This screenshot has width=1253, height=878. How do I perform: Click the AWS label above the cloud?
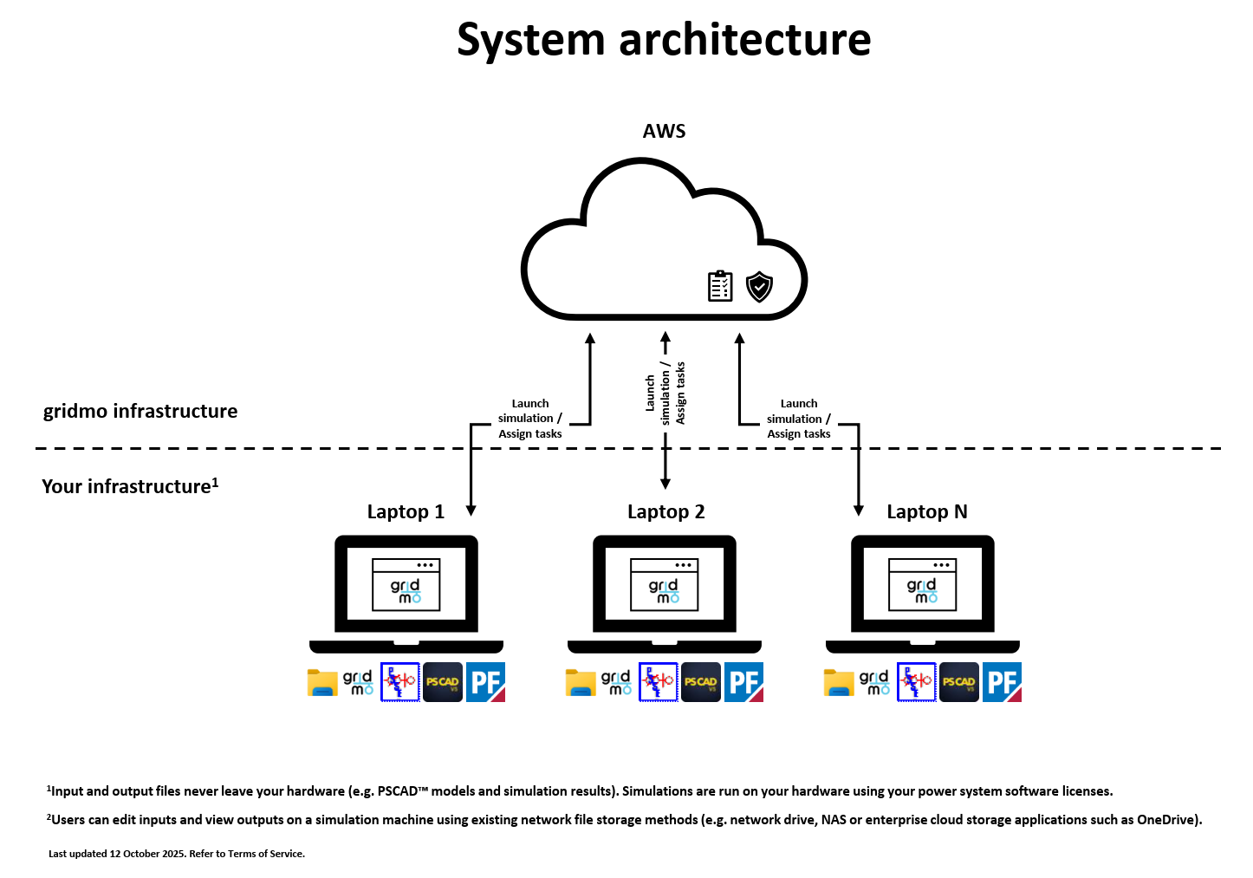tap(664, 132)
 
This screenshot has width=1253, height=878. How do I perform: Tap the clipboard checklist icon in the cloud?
tap(720, 286)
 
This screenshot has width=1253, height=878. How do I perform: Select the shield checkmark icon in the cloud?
tap(759, 287)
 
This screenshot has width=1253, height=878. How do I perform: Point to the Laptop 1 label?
tap(406, 512)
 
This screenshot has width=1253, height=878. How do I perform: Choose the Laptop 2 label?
tap(665, 512)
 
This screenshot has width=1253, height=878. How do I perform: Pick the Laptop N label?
tap(926, 512)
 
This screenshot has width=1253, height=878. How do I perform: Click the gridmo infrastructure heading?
tap(140, 412)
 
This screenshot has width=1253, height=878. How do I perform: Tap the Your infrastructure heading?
tap(129, 486)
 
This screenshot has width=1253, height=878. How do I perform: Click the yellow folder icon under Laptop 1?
tap(322, 682)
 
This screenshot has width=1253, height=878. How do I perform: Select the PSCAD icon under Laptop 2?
tap(700, 682)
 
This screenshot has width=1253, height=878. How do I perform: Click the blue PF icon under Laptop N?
tap(1002, 682)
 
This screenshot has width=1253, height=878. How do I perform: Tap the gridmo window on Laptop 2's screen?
tap(665, 585)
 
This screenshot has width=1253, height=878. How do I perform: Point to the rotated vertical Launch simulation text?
tap(665, 393)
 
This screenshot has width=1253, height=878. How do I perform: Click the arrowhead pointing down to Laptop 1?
tap(471, 511)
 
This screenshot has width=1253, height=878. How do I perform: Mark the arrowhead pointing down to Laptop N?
tap(859, 511)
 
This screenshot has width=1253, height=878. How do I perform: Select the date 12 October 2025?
tap(147, 854)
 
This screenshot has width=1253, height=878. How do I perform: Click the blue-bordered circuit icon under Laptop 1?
tap(400, 682)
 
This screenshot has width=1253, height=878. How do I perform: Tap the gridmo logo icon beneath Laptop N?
tap(873, 682)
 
